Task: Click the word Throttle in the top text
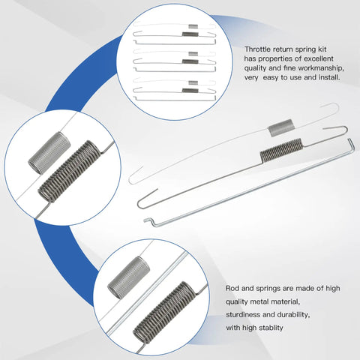(x=257, y=49)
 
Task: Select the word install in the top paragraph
(x=328, y=77)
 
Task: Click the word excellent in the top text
(x=319, y=58)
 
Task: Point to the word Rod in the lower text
(x=232, y=288)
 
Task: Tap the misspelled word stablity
(x=271, y=328)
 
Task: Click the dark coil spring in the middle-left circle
(x=70, y=171)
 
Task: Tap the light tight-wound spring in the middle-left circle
(x=49, y=153)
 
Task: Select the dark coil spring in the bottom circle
(x=163, y=313)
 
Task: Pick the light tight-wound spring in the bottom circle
(x=128, y=277)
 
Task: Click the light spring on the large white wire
(x=280, y=127)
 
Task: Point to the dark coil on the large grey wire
(x=281, y=150)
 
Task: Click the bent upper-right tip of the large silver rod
(x=351, y=143)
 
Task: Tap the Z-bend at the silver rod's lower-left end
(x=149, y=221)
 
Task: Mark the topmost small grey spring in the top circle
(x=193, y=26)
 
